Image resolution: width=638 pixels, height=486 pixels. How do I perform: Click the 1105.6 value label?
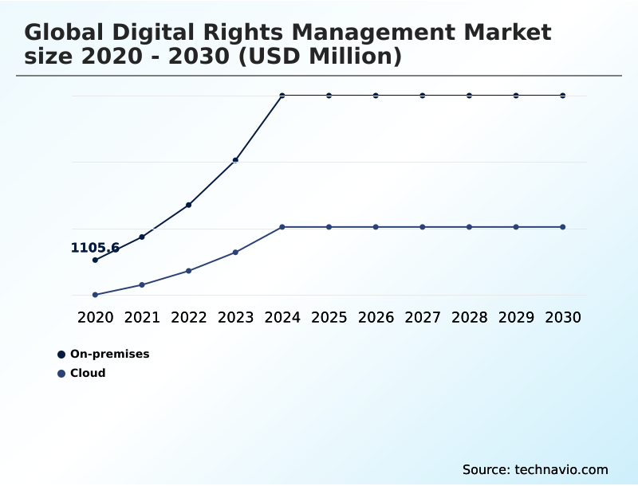pos(95,248)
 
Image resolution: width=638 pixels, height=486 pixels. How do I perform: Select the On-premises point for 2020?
pos(95,260)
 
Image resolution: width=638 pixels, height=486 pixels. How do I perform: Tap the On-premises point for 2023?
pos(235,160)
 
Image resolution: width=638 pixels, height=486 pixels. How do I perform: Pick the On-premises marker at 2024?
pos(282,96)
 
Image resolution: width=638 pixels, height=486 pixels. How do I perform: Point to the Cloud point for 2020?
pos(95,295)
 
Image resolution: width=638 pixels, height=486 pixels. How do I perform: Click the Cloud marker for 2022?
pos(189,271)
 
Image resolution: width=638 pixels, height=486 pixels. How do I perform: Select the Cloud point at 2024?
pos(282,227)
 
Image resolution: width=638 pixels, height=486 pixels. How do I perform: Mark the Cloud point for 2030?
pos(563,227)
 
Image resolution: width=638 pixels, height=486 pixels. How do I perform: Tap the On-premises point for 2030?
pos(563,96)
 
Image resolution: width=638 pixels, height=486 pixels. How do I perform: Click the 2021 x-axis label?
pos(142,317)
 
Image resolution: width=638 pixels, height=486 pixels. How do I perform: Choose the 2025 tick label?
pos(329,317)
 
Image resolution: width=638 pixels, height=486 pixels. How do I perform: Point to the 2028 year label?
pos(469,317)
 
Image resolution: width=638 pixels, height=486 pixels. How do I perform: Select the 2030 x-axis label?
pos(563,317)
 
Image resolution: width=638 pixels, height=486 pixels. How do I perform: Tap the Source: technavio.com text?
pos(535,469)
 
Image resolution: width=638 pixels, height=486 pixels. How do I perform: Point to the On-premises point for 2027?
pos(423,96)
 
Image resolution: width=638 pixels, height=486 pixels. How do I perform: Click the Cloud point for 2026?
pos(376,227)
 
